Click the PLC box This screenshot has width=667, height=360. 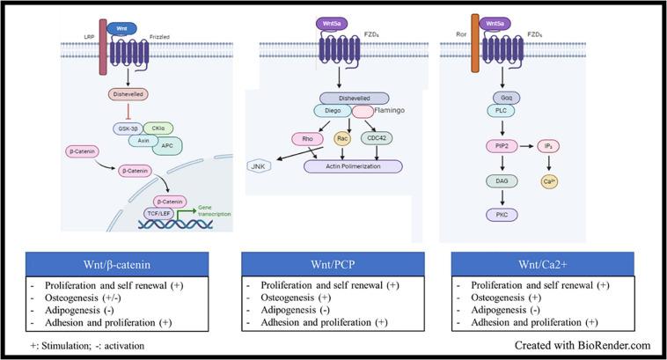498,111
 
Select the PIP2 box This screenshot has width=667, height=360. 499,145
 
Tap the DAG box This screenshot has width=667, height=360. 499,180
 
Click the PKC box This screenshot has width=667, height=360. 499,214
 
